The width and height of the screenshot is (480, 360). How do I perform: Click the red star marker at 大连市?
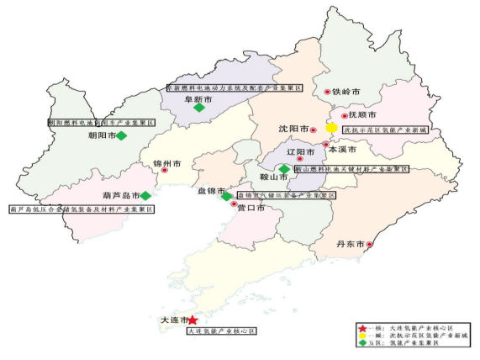(193, 320)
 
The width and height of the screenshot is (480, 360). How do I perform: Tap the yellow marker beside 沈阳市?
(332, 129)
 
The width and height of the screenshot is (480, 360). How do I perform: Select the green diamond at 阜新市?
(199, 108)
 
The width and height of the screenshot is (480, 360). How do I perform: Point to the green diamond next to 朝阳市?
(121, 135)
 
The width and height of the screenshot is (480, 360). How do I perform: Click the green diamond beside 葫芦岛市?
(145, 196)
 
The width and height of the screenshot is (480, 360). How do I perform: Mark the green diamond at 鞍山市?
(284, 169)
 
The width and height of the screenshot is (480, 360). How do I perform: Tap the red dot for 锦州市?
(165, 170)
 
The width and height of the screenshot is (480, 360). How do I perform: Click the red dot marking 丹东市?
(370, 245)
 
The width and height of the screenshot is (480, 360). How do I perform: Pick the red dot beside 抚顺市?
(344, 116)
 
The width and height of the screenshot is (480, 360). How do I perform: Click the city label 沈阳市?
(293, 130)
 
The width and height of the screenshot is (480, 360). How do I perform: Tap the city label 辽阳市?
(300, 152)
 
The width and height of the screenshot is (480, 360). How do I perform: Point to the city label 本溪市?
(342, 149)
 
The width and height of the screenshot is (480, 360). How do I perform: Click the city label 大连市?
(173, 320)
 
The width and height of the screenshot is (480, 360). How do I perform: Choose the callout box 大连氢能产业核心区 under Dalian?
(220, 331)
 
